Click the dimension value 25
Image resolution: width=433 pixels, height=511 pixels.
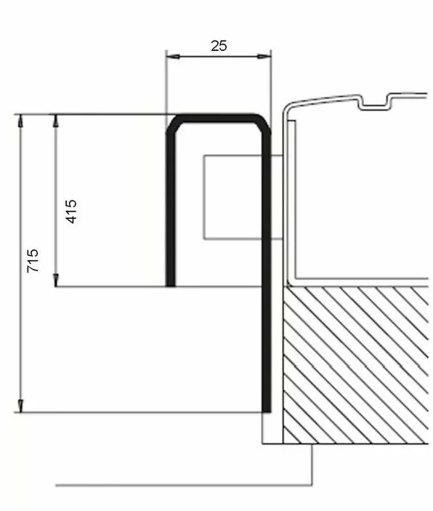tap(219, 45)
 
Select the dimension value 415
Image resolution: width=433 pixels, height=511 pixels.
tap(71, 211)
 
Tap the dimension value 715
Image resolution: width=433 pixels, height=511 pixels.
tap(33, 261)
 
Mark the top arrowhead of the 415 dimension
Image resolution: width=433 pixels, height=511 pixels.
tap(56, 118)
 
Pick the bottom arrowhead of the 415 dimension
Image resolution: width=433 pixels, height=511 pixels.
tap(56, 281)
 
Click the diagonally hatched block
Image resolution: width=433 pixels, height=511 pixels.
tap(356, 363)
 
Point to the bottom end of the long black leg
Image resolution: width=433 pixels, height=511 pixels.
tap(267, 409)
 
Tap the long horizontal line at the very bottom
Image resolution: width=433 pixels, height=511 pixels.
tap(182, 484)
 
